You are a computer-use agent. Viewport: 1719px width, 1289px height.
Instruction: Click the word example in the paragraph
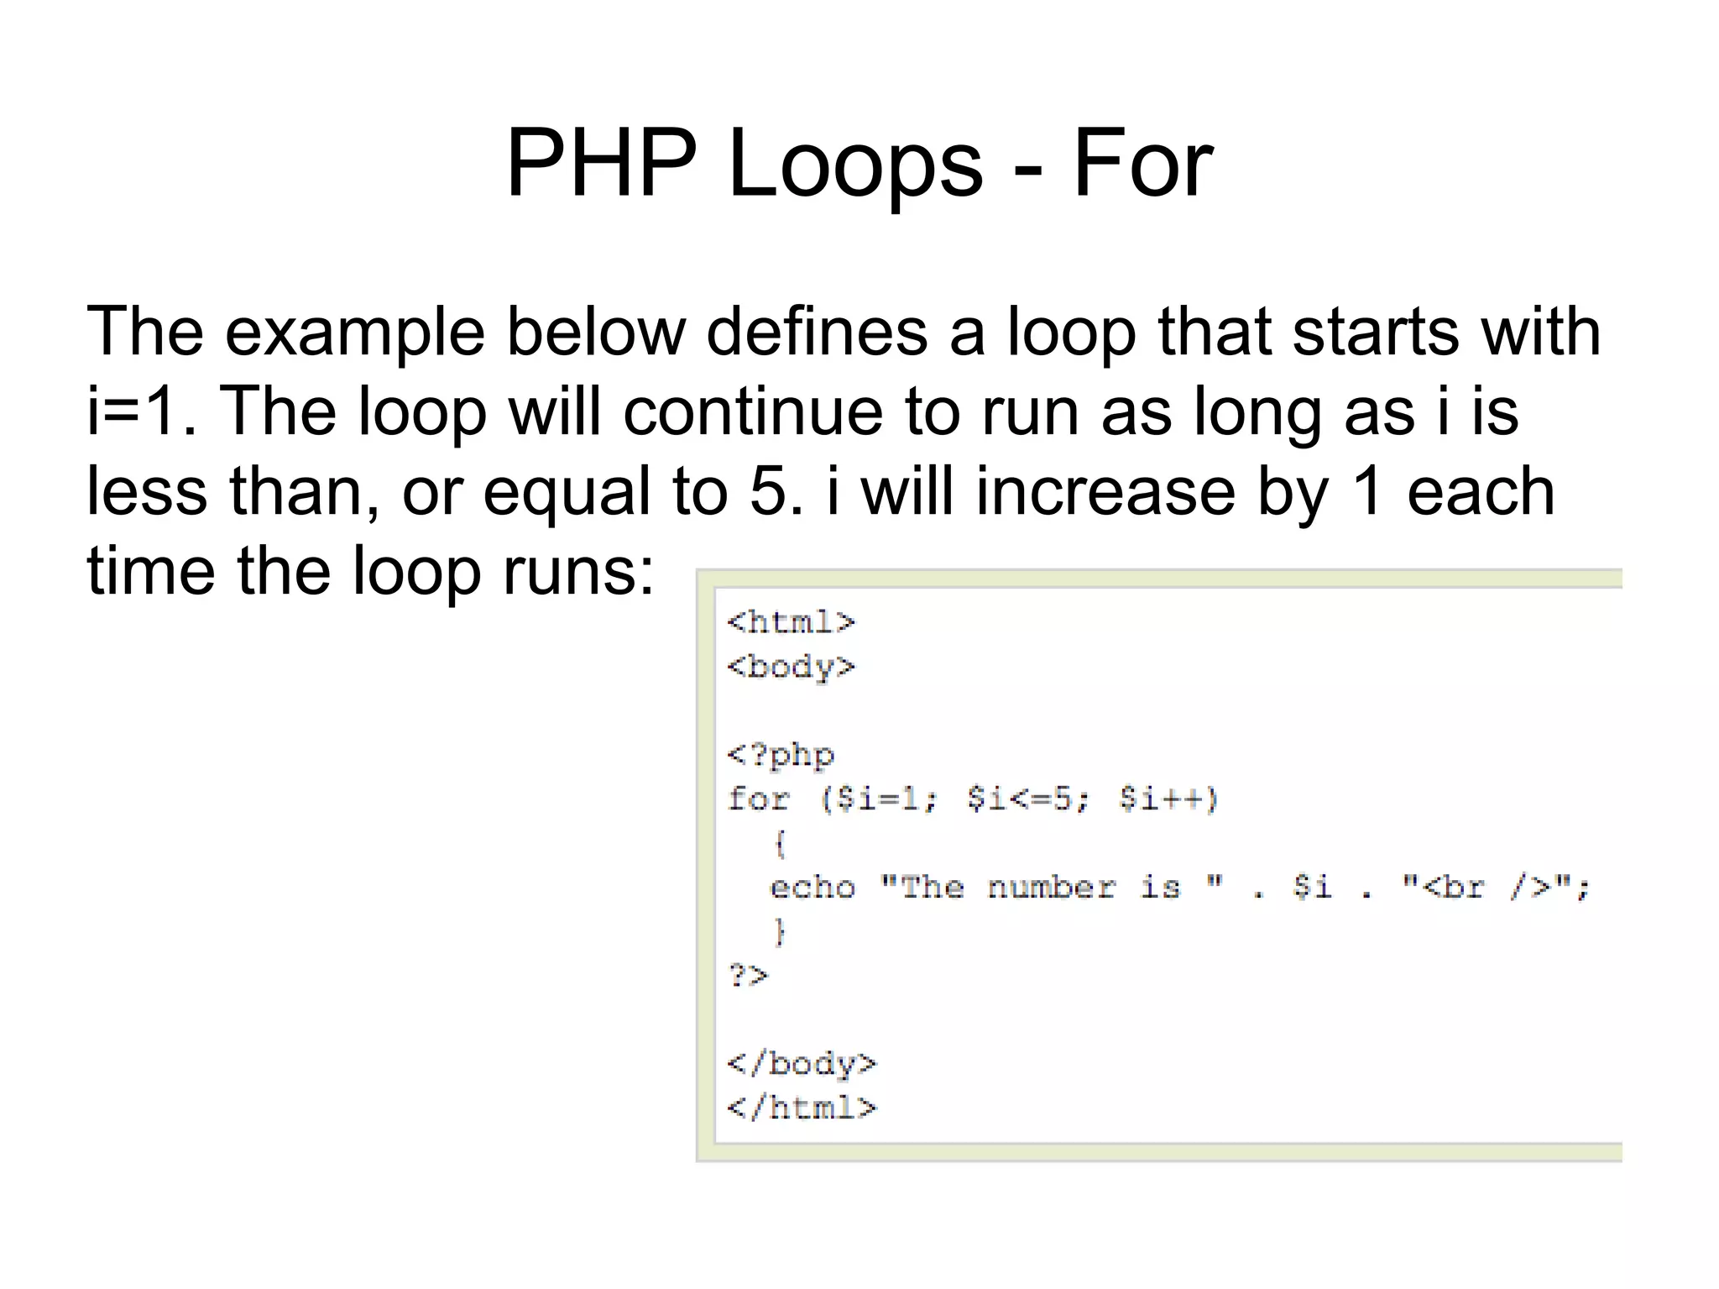pos(354,332)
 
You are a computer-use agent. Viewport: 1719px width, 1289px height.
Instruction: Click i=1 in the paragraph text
pos(134,411)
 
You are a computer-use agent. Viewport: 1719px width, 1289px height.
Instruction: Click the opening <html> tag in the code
pos(791,622)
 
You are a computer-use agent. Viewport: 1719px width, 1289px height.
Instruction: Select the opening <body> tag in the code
pos(791,667)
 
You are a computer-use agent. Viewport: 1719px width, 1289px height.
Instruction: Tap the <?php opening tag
pos(781,755)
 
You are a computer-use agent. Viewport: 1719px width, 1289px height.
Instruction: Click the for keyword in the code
pos(759,799)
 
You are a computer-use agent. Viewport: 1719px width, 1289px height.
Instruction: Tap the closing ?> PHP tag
pos(747,976)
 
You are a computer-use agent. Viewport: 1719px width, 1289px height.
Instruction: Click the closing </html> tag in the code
pos(802,1108)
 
